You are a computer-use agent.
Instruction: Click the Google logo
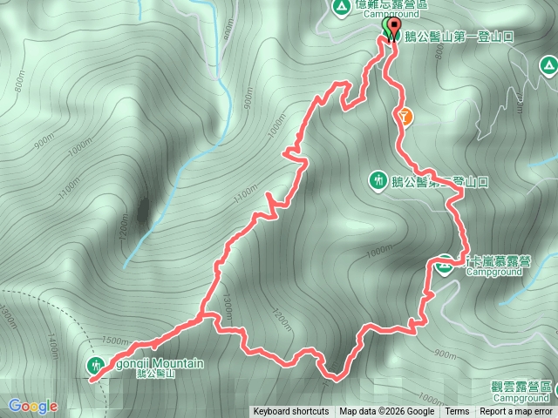(33, 406)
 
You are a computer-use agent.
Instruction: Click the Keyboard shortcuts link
(291, 412)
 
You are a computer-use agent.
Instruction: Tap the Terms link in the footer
(457, 412)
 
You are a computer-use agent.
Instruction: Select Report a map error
(517, 412)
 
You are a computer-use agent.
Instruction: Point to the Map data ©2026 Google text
(386, 412)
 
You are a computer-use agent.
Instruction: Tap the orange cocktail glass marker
(405, 113)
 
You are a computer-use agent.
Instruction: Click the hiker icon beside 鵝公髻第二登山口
(378, 180)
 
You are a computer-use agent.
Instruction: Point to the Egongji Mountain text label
(155, 363)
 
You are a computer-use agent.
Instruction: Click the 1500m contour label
(115, 340)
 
